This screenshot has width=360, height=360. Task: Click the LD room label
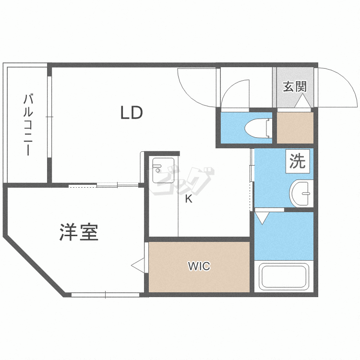click(131, 113)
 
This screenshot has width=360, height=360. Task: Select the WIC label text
click(199, 266)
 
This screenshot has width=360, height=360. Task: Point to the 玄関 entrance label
click(294, 87)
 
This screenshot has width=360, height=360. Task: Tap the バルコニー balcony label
click(28, 125)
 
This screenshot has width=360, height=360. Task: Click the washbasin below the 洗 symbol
click(301, 193)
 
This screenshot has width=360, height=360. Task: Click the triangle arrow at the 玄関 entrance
click(302, 102)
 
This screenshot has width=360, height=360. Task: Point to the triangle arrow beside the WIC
click(138, 264)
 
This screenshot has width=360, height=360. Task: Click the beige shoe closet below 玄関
click(295, 127)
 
